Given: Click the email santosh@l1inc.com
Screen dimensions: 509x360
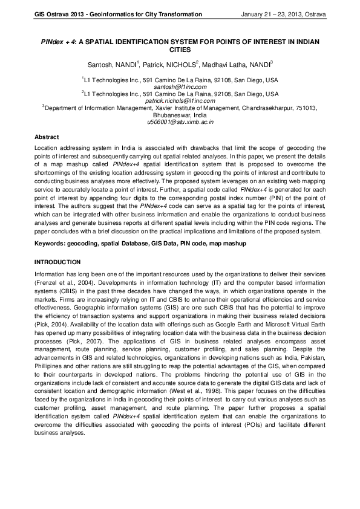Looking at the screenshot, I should click(180, 87).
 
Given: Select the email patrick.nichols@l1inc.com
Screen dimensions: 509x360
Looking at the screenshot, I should click(180, 101).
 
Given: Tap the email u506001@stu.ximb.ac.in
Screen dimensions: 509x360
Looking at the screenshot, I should click(180, 122).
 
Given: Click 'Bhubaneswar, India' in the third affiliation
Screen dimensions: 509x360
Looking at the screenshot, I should click(180, 115).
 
